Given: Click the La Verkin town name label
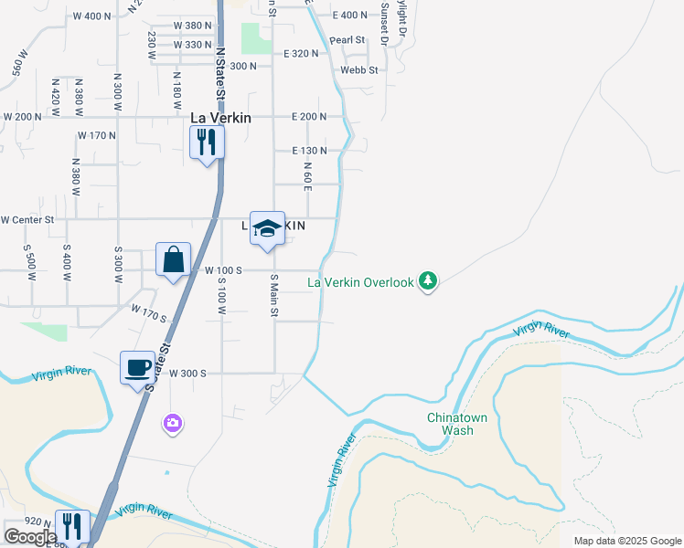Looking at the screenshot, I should pos(219,118).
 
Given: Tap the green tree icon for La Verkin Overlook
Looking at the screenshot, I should pos(427,281).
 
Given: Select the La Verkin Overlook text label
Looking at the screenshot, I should pos(360,282).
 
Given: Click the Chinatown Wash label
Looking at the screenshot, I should pos(451,424).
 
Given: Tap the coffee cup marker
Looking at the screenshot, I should pos(137,368).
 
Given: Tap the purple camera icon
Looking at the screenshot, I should pos(173,423).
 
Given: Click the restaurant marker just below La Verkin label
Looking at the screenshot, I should pos(207,142).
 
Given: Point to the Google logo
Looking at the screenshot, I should pos(30,538).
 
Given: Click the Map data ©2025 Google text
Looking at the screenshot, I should pos(627,541).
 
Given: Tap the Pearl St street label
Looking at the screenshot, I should pos(347,40).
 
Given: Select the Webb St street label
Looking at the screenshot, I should pos(358,69).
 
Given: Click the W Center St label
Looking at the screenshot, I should pos(27,219).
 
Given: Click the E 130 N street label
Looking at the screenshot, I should pos(309,150).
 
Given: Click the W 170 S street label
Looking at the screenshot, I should pos(149,315).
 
